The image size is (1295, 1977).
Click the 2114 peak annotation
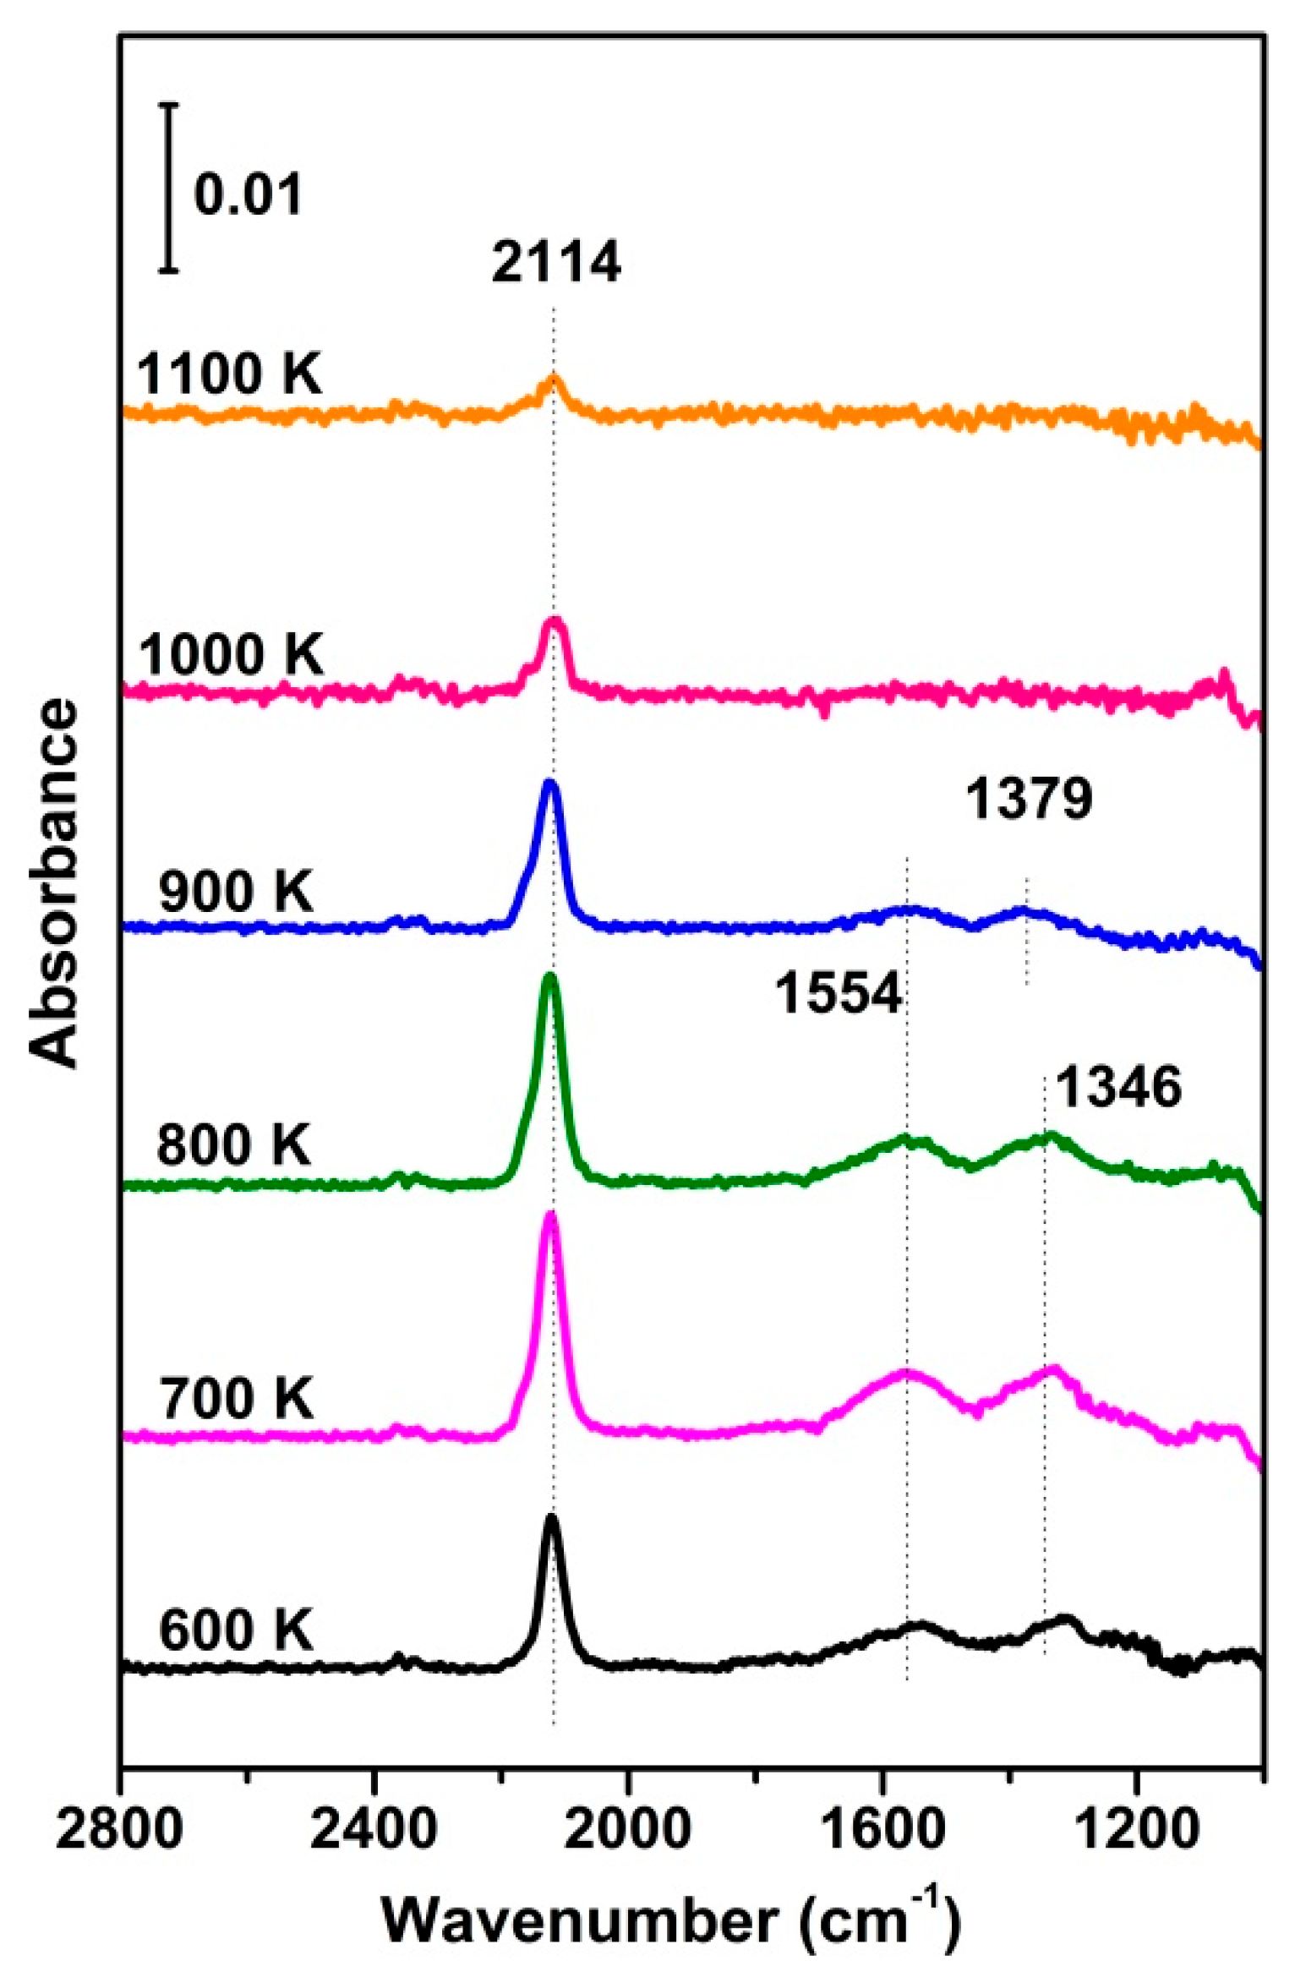555,263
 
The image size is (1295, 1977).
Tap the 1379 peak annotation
1029,799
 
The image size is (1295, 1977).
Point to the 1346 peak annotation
1117,1087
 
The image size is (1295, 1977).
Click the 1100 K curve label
230,374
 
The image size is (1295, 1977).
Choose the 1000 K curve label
231,655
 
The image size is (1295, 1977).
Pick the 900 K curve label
236,892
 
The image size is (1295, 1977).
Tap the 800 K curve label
234,1145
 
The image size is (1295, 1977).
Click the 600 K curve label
236,1630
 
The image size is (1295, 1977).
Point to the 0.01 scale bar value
248,194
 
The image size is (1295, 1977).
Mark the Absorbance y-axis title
54,882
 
